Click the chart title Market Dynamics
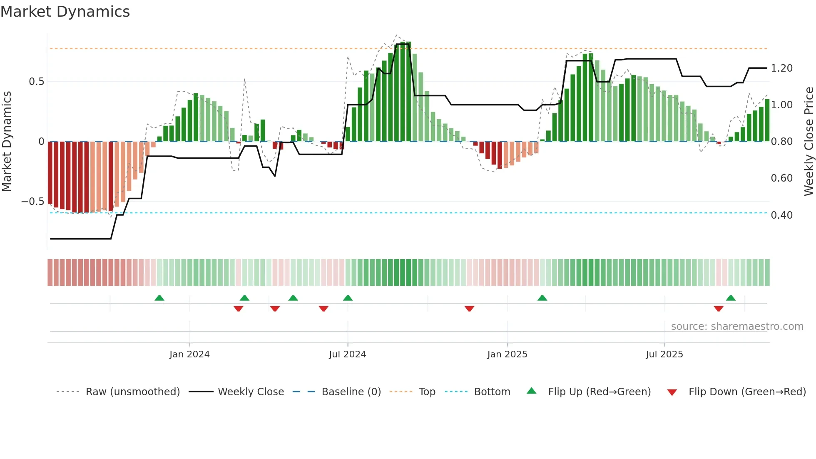click(65, 12)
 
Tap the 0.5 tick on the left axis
click(36, 82)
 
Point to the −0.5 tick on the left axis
click(32, 202)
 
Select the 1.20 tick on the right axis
click(781, 68)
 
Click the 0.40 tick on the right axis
click(781, 215)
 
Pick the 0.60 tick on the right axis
click(781, 178)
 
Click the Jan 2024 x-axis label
click(189, 354)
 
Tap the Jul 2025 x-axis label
click(664, 354)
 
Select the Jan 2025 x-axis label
click(507, 354)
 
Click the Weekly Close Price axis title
click(809, 142)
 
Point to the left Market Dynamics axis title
click(7, 142)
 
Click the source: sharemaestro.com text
click(737, 327)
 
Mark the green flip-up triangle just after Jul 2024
click(348, 298)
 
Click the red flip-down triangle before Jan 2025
click(469, 309)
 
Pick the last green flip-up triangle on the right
click(731, 298)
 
